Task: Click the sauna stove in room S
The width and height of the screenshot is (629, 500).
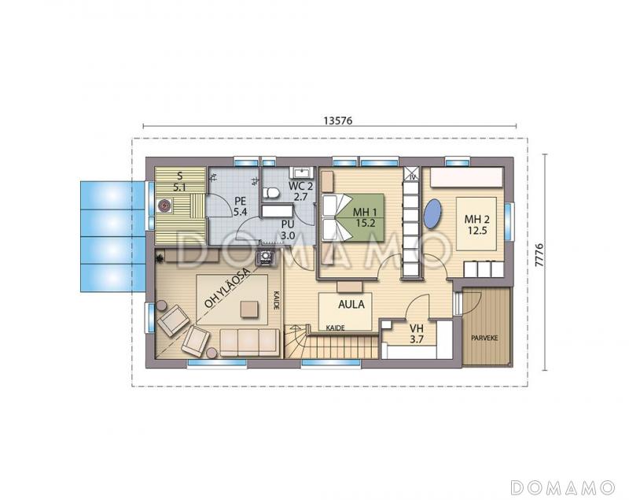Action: pos(164,206)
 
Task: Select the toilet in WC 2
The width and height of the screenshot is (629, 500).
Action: pos(271,192)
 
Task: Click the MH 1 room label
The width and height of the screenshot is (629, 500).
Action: pos(365,217)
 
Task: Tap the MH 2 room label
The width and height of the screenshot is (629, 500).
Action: pos(477,224)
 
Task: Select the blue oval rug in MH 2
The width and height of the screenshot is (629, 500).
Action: pos(432,215)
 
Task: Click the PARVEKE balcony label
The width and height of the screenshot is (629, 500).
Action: pos(484,338)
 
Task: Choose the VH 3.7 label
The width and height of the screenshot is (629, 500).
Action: pos(417,334)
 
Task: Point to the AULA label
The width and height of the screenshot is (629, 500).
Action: pos(351,305)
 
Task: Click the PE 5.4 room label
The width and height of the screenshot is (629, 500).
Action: pos(241,207)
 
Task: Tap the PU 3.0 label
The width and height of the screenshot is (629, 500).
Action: pos(287,230)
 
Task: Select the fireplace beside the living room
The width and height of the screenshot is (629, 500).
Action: pos(266,257)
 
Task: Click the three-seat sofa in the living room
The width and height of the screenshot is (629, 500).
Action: pos(249,343)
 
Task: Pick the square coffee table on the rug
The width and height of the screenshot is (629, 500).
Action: pos(249,309)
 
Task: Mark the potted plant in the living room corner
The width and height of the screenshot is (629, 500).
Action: pos(160,257)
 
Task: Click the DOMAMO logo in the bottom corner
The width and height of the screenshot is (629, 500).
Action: pos(563,487)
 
